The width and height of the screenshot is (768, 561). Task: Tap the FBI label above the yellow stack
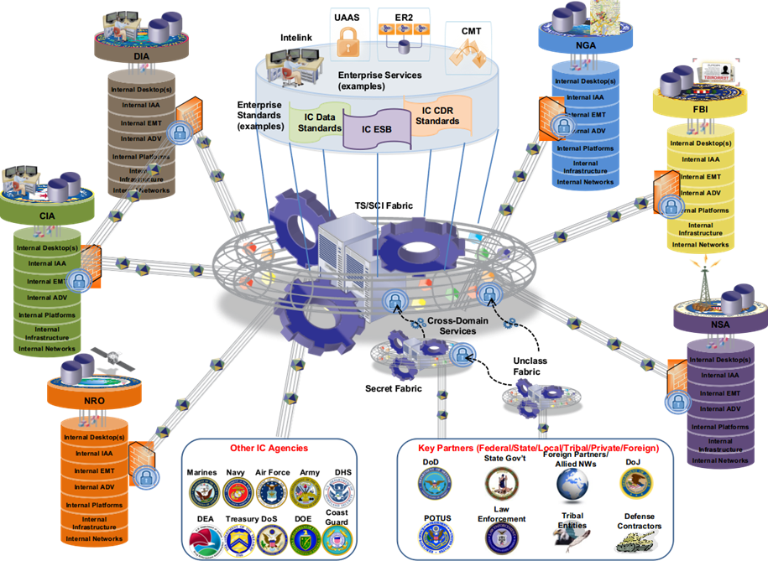(699, 109)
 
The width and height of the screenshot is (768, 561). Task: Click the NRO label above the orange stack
(94, 401)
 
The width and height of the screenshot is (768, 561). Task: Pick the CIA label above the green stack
(46, 216)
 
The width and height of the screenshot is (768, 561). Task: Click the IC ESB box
(377, 129)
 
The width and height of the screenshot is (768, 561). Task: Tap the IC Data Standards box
(319, 122)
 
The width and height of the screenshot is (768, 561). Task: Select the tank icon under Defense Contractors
(638, 543)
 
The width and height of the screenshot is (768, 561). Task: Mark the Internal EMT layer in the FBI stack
(700, 176)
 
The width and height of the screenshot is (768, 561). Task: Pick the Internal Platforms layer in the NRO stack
(95, 506)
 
